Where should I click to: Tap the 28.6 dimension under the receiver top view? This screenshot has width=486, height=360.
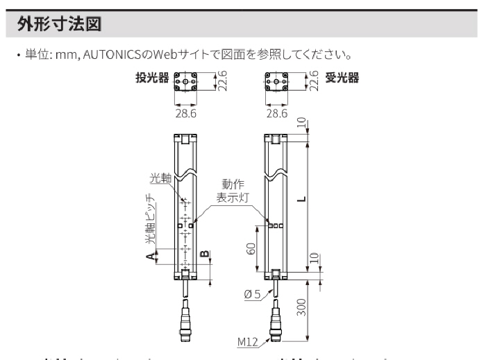(x=276, y=112)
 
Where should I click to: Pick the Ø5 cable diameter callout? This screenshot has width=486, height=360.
(x=252, y=293)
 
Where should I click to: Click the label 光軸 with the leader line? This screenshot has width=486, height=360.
(x=161, y=179)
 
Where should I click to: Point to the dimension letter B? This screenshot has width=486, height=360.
(x=204, y=254)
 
